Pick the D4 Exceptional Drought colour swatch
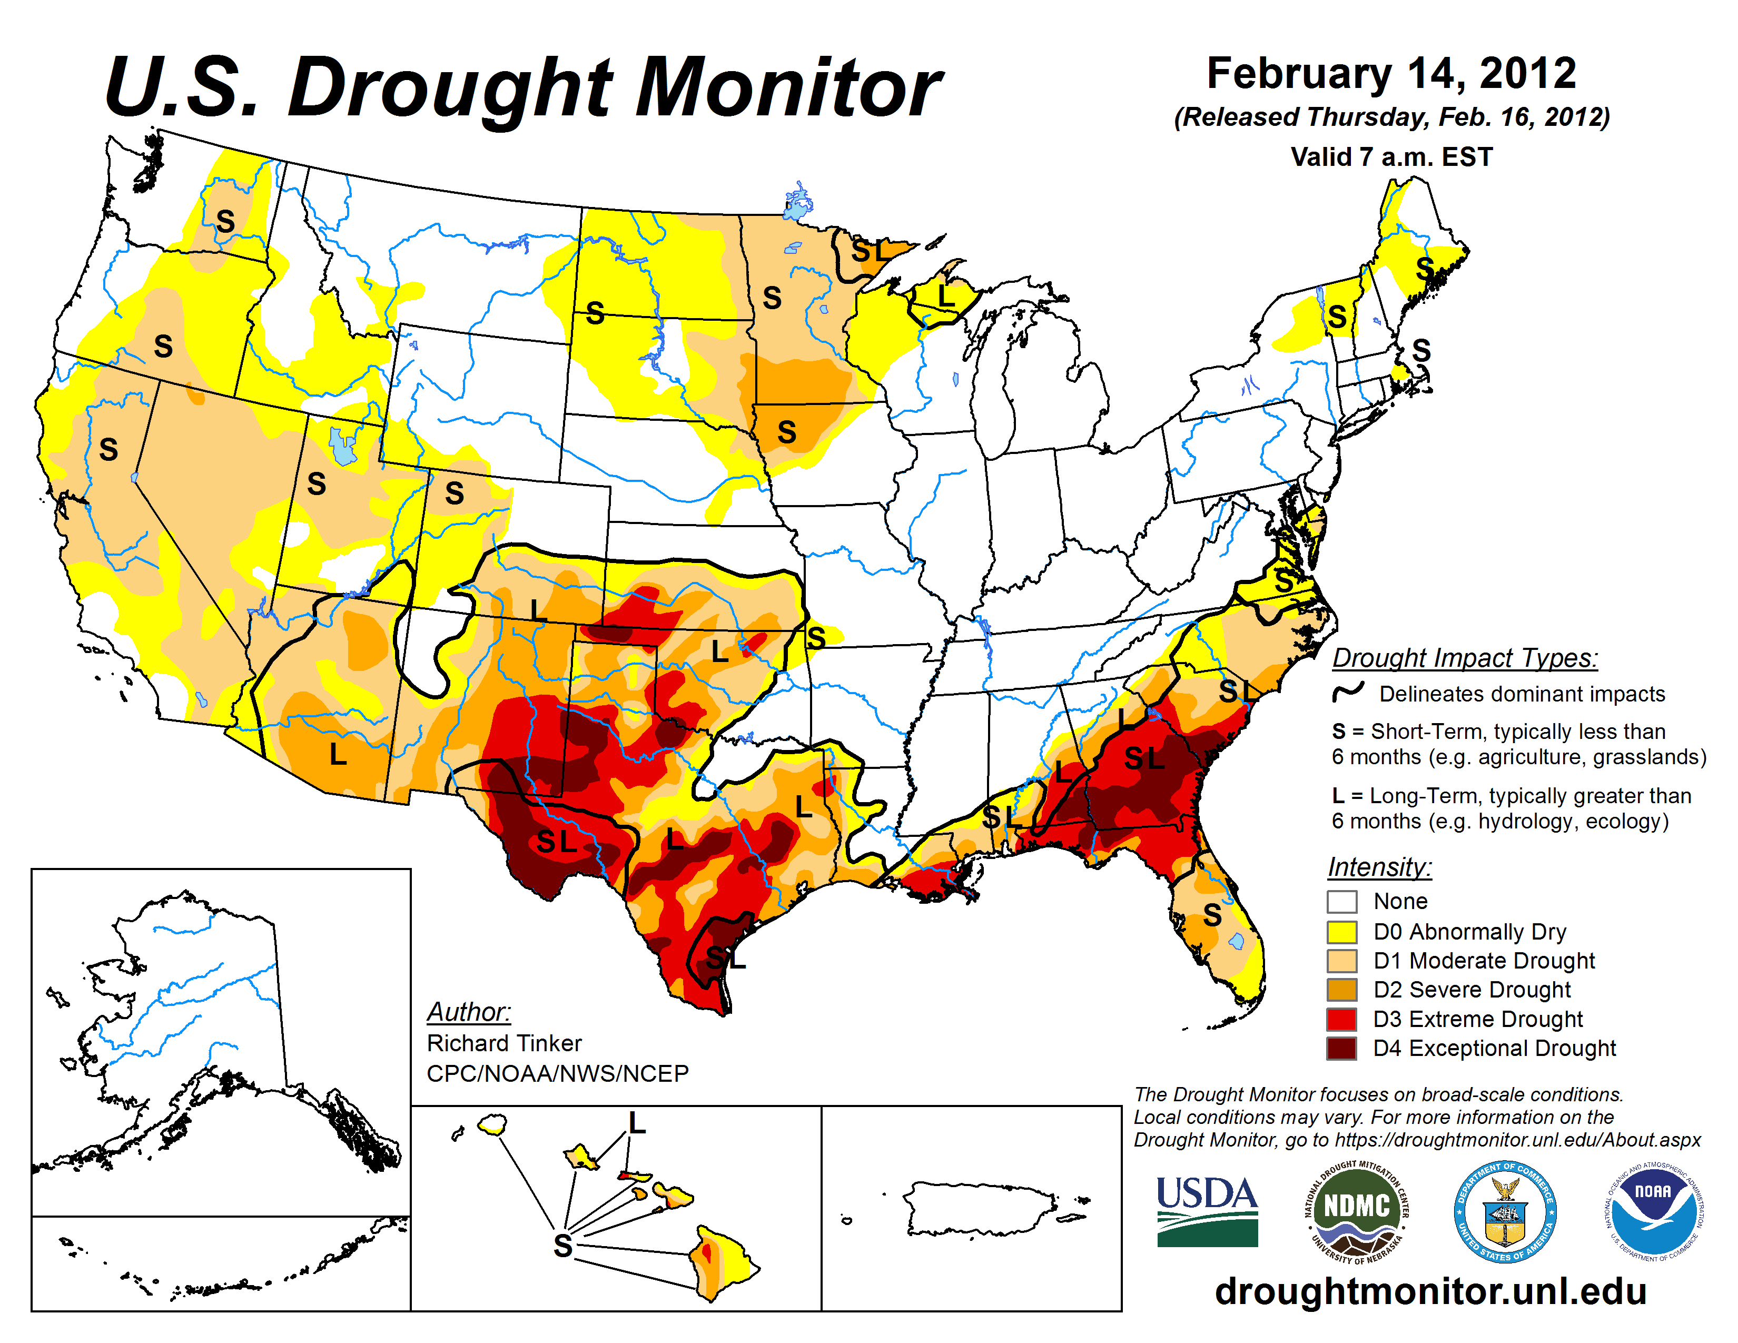(1342, 1049)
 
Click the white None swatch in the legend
(1342, 902)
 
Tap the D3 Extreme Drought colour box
(1342, 1019)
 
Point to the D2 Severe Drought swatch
(1342, 990)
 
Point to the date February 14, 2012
(1391, 73)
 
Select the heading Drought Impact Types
(1465, 658)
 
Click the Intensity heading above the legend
(1380, 866)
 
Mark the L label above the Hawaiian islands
(637, 1123)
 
